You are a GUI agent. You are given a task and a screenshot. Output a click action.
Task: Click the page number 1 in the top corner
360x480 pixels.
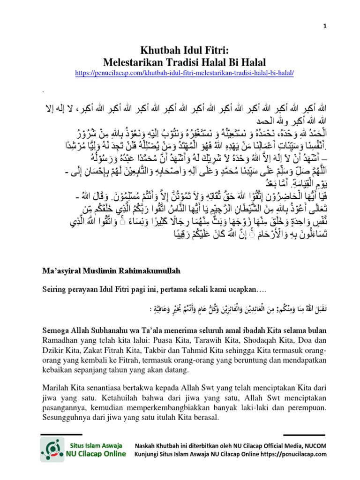tap(324, 27)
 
